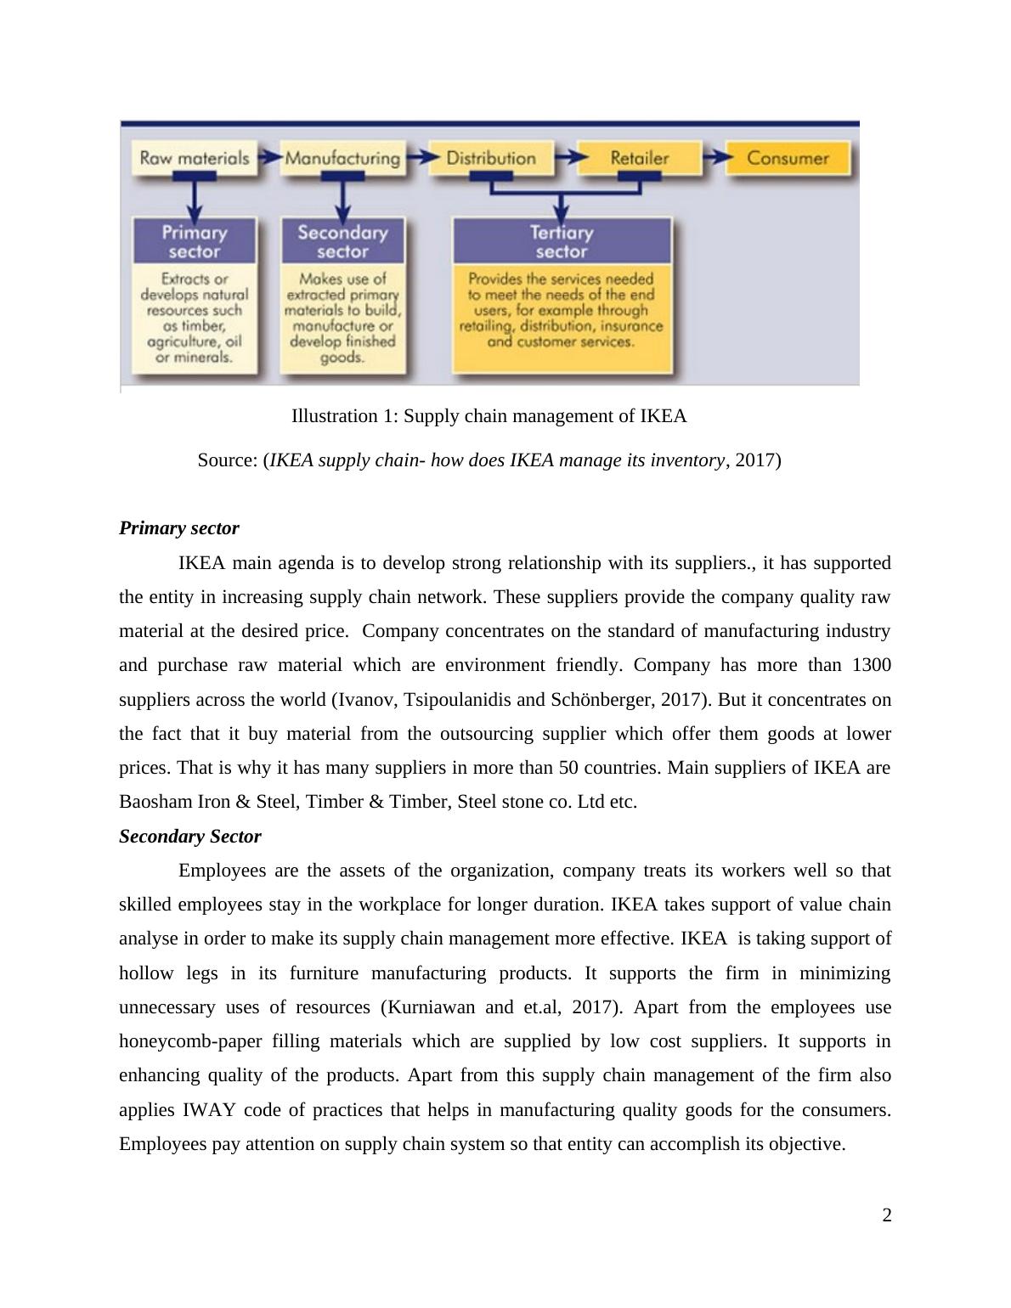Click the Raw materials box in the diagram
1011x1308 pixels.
click(x=195, y=158)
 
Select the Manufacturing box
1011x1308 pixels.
click(x=342, y=158)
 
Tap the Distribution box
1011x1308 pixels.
click(x=491, y=158)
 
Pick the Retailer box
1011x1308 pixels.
click(x=640, y=158)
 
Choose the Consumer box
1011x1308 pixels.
click(x=788, y=158)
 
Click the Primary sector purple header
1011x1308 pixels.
click(x=195, y=241)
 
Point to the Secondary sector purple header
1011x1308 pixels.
click(x=342, y=241)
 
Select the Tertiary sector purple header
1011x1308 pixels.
click(x=562, y=241)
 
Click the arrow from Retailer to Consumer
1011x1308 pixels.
click(x=714, y=157)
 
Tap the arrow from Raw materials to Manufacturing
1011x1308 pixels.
click(x=269, y=157)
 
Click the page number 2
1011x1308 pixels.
click(x=887, y=1215)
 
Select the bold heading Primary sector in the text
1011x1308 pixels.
click(x=179, y=528)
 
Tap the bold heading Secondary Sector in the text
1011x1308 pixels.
click(x=190, y=837)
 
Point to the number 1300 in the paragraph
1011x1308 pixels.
click(x=871, y=665)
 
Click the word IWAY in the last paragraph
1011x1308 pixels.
click(x=205, y=1110)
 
